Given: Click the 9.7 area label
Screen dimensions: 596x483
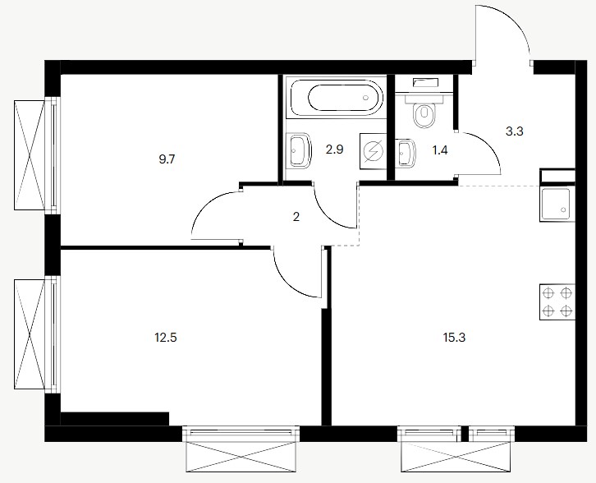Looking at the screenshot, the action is (167, 159).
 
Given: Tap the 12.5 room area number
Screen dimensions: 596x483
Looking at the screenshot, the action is (166, 338).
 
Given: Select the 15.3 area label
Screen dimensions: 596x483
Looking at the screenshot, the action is (454, 338).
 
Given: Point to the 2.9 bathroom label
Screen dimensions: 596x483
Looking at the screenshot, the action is (334, 149).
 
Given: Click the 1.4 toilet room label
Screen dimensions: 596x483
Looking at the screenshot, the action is (440, 150).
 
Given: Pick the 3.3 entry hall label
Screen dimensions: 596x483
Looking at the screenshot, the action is (515, 131).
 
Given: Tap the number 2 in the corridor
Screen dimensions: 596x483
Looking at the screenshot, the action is (296, 217).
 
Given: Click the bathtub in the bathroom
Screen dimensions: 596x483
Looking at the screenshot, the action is (337, 98).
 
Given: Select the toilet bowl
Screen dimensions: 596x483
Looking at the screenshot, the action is (424, 114).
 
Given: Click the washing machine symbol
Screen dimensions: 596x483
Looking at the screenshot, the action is (373, 151).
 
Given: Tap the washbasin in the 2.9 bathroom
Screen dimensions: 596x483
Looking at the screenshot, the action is (300, 150).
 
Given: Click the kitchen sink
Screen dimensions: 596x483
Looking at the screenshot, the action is (557, 205).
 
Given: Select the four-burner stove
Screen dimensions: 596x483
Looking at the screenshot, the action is (557, 302).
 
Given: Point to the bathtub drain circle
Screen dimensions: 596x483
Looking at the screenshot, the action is (365, 98).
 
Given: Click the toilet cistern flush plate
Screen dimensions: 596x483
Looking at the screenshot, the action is (426, 82).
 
